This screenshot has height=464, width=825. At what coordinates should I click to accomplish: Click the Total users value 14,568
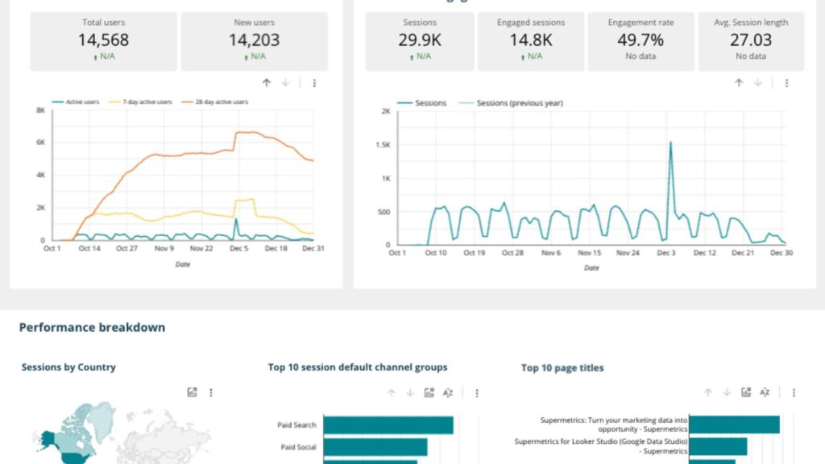point(103,39)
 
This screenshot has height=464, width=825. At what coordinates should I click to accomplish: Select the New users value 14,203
point(254,39)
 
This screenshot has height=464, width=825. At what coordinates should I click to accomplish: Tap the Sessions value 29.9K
point(420,39)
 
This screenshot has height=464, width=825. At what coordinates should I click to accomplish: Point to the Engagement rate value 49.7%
point(641,39)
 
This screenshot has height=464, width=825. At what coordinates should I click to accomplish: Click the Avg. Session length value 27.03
point(750,39)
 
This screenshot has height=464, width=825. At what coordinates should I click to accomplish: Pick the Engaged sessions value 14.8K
point(531,39)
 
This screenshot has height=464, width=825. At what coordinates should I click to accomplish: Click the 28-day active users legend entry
point(218,102)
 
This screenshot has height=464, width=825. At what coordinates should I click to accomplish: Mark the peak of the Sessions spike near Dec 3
point(670,143)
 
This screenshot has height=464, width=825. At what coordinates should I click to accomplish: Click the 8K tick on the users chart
point(40,110)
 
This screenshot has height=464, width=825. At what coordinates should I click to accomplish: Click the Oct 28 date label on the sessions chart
point(512,253)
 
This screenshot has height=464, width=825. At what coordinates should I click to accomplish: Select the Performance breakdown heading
point(92,327)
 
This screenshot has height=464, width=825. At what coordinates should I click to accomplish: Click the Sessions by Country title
point(68,367)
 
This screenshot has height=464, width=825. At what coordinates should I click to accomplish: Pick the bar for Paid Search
point(388,425)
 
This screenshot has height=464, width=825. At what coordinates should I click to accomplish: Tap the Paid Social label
point(298,447)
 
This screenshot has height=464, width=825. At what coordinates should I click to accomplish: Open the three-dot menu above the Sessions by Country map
point(211,392)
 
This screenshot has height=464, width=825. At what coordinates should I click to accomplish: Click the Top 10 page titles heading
point(562,368)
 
